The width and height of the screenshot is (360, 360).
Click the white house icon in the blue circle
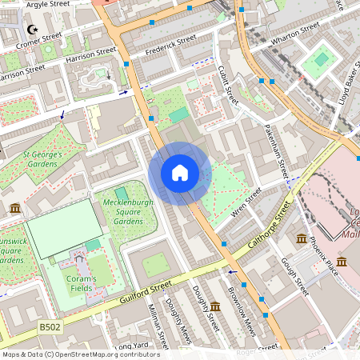pos(180,173)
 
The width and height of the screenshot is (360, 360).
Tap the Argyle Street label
pos(48,5)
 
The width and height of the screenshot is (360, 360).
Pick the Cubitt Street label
pos(228,86)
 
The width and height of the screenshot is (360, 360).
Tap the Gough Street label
pos(294,276)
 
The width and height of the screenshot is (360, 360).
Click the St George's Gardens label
pos(41,158)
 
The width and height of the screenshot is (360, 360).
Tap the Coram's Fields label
pos(81,284)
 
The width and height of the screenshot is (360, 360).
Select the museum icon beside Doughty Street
pos(215,306)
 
